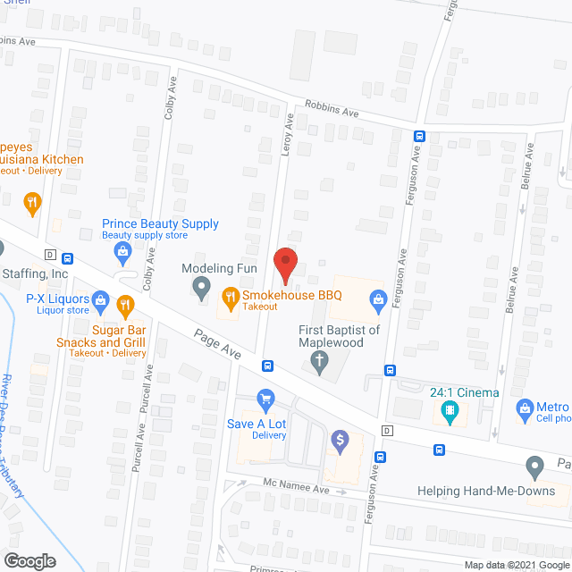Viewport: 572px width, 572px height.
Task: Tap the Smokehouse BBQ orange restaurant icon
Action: [230, 298]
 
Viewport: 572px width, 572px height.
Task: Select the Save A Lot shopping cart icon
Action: [265, 399]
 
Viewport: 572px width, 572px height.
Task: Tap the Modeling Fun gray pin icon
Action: [202, 288]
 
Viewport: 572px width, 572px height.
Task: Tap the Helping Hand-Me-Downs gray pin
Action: [534, 466]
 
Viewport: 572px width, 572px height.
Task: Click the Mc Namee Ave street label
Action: [297, 490]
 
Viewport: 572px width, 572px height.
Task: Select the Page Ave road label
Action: [217, 343]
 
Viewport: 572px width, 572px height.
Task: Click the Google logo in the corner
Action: [29, 560]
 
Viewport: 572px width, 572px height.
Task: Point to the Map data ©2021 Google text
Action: [516, 564]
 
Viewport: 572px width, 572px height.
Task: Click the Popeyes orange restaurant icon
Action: [32, 202]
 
